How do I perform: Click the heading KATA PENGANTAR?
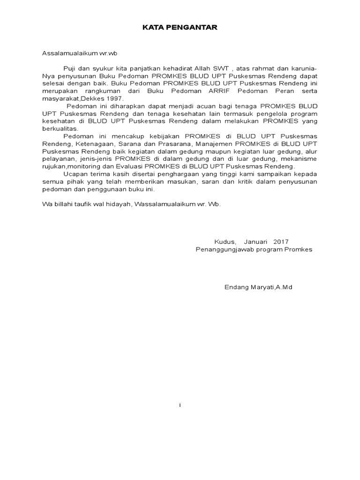[180, 28]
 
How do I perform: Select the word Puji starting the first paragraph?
[69, 68]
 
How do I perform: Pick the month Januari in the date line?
[255, 242]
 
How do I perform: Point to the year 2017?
[281, 242]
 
